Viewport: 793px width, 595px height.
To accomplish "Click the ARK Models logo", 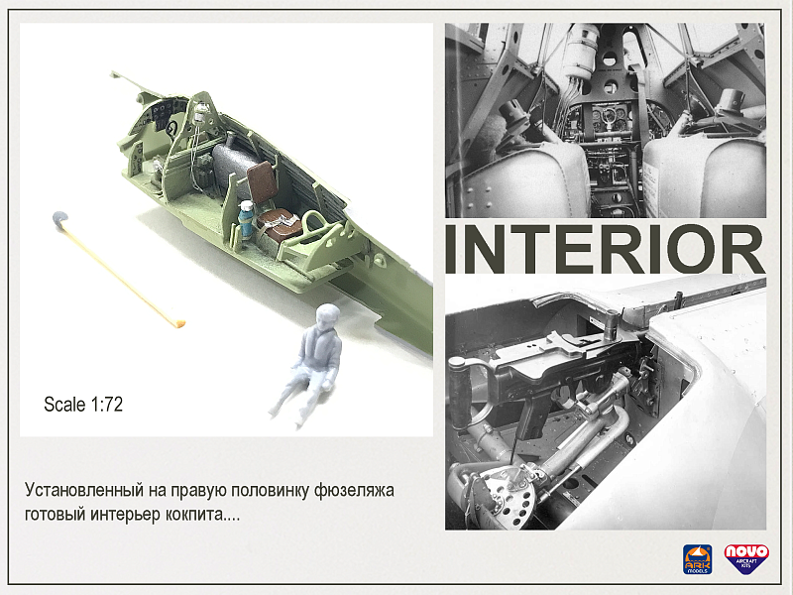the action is point(697,559).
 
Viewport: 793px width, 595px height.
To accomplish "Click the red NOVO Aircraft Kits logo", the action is point(746,558).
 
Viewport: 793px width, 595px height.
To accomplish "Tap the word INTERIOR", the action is point(605,250).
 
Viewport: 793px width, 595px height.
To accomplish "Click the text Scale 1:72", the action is point(83,405).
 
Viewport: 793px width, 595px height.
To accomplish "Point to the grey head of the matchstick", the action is point(59,218).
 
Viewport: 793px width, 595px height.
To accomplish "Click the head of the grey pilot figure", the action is point(328,317).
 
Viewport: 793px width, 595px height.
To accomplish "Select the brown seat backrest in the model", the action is point(263,181).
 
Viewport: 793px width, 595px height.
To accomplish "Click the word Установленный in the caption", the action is point(83,490).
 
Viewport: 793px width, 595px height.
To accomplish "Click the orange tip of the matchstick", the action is point(178,322).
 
